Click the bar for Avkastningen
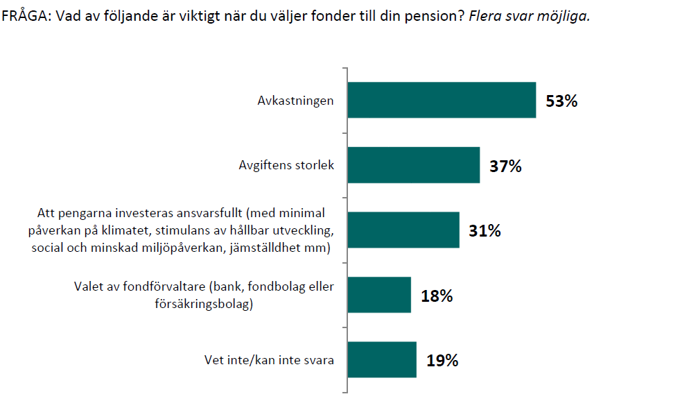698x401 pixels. pyautogui.click(x=441, y=100)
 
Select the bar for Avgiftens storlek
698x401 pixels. pyautogui.click(x=413, y=165)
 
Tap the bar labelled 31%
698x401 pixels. pyautogui.click(x=403, y=230)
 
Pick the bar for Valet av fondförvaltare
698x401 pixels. pyautogui.click(x=378, y=295)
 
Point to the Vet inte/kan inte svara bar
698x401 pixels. pyautogui.click(x=381, y=359)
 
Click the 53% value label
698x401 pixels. pyautogui.click(x=561, y=101)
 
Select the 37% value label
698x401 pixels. pyautogui.click(x=505, y=167)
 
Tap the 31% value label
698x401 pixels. pyautogui.click(x=485, y=231)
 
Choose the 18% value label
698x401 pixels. pyautogui.click(x=437, y=296)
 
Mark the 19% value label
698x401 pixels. pyautogui.click(x=442, y=361)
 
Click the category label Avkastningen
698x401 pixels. pyautogui.click(x=296, y=101)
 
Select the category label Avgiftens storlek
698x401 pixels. pyautogui.click(x=286, y=166)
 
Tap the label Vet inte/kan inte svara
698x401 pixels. pyautogui.click(x=269, y=360)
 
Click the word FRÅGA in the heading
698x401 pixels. pyautogui.click(x=22, y=17)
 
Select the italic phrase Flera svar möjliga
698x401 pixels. pyautogui.click(x=529, y=17)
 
